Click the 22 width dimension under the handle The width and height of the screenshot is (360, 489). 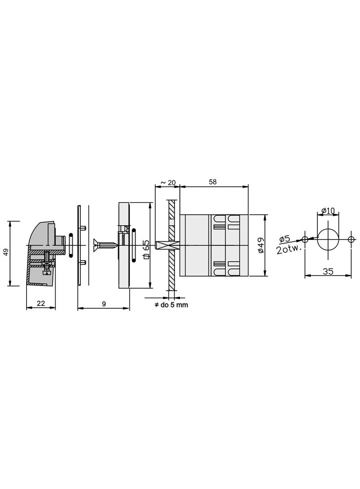[x=41, y=303]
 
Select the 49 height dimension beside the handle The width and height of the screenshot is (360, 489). [x=6, y=253]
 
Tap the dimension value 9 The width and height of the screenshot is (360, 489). [x=104, y=303]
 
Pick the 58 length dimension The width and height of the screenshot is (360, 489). [x=213, y=182]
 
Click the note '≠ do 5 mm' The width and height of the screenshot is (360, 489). [x=171, y=305]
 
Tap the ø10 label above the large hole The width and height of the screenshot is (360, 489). [x=328, y=211]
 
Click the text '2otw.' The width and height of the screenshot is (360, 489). [x=289, y=250]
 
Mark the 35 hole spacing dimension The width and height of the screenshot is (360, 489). [x=327, y=271]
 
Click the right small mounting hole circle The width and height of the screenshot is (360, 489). [x=351, y=239]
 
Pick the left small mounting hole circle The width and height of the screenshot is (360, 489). [x=304, y=239]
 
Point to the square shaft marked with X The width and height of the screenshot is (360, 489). [x=163, y=246]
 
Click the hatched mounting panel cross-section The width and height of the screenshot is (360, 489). [x=171, y=266]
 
